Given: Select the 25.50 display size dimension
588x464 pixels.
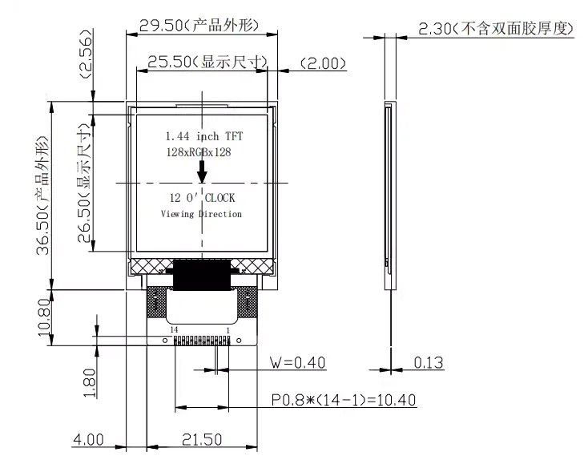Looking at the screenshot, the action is tap(202, 63).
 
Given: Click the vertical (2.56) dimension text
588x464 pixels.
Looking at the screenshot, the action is tap(87, 53).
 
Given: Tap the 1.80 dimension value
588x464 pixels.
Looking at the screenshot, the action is tap(89, 381).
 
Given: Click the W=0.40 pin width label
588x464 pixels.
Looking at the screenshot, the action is tap(298, 363).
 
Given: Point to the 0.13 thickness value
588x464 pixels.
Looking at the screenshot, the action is tap(429, 363).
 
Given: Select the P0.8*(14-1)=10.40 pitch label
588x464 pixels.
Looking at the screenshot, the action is tap(342, 400).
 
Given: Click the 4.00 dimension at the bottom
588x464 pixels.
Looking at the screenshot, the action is tap(88, 439).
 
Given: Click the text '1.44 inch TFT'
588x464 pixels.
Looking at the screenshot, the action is tap(203, 136).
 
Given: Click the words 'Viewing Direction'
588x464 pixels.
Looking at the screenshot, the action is tap(201, 214).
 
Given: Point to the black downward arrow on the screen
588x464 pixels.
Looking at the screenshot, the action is tap(202, 170).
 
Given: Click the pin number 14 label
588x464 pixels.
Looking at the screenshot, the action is tap(174, 329).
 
